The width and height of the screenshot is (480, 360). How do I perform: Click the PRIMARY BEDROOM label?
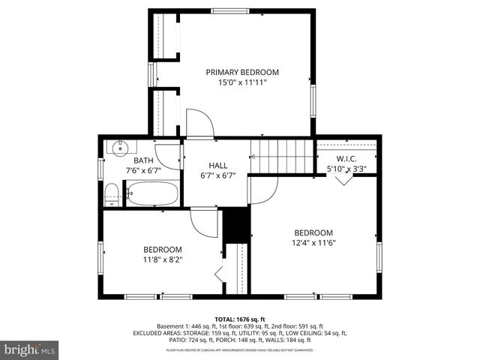(x=242, y=72)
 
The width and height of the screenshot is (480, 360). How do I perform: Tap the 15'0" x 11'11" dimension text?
(x=242, y=82)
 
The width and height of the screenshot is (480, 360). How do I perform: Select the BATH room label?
(x=143, y=160)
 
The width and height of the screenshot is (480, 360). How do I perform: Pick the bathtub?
(x=151, y=194)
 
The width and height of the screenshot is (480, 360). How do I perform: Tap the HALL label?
(x=218, y=166)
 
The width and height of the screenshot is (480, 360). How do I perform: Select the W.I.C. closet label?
(x=346, y=159)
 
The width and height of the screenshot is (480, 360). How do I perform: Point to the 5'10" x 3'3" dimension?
(x=346, y=169)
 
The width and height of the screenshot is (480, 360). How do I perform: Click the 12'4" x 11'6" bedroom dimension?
(x=313, y=243)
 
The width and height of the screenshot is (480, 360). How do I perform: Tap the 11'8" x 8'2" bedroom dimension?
(x=163, y=259)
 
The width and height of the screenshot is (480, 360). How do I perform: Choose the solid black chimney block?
(x=237, y=223)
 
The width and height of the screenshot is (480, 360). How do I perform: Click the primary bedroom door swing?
(x=199, y=124)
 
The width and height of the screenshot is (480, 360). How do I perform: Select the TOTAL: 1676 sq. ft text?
(x=240, y=319)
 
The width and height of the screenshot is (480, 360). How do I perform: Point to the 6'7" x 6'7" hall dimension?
(x=218, y=175)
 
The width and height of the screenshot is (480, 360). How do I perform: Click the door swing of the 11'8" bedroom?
(x=203, y=221)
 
